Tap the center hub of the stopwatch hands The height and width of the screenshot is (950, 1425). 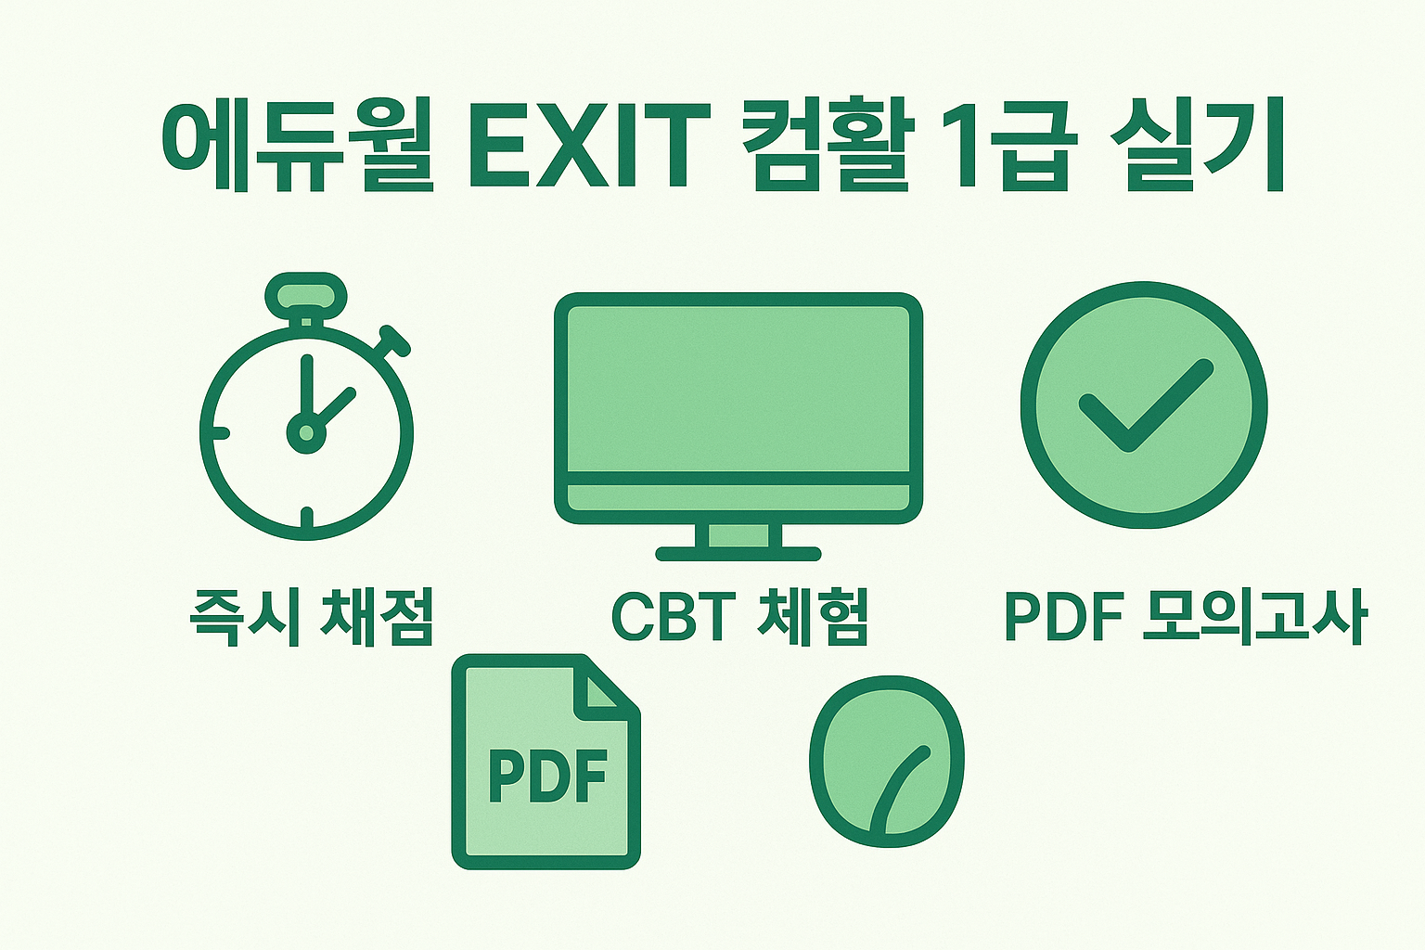(306, 431)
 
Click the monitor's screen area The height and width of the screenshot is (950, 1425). (738, 390)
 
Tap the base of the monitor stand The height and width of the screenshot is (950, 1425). (738, 554)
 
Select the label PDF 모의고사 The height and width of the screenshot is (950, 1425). (1185, 617)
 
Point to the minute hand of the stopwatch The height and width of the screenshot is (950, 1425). (306, 390)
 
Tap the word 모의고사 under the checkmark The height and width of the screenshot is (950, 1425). (1253, 617)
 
